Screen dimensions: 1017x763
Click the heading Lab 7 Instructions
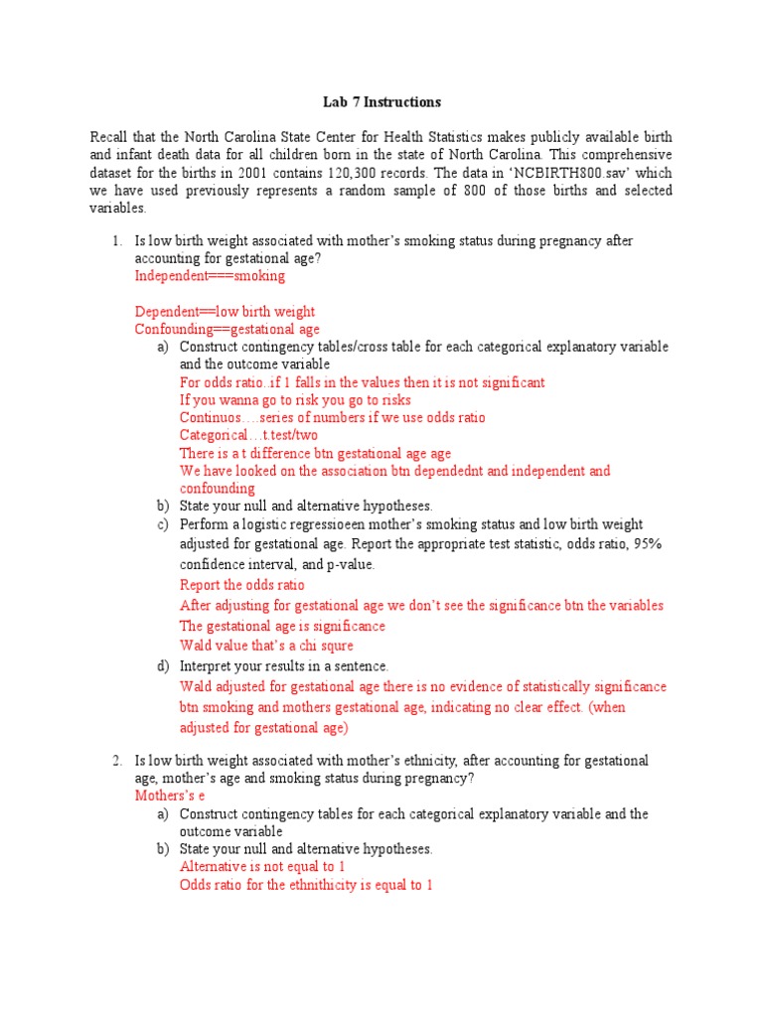pyautogui.click(x=381, y=102)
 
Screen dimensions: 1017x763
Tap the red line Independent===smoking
pyautogui.click(x=210, y=276)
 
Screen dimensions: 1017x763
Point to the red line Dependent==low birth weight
pyautogui.click(x=225, y=312)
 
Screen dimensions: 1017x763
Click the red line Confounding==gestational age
pyautogui.click(x=228, y=329)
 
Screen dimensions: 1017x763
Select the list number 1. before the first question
pyautogui.click(x=116, y=240)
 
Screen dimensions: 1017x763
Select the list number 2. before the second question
pyautogui.click(x=116, y=760)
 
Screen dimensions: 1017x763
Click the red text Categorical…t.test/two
pyautogui.click(x=248, y=435)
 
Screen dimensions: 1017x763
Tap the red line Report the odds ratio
pyautogui.click(x=241, y=585)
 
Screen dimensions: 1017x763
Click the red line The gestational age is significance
pyautogui.click(x=282, y=626)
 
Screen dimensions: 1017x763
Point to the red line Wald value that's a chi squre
pyautogui.click(x=265, y=646)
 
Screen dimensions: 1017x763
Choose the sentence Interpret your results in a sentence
pyautogui.click(x=284, y=665)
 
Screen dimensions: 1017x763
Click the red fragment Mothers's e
pyautogui.click(x=170, y=796)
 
